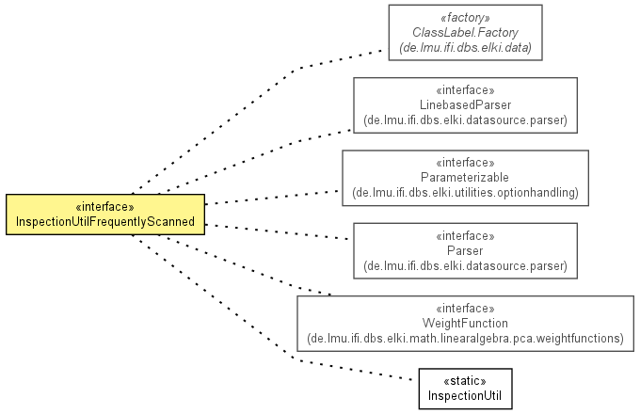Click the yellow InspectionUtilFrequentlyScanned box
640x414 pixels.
click(x=105, y=215)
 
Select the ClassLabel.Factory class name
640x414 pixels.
click(x=465, y=32)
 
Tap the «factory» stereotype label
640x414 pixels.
click(x=465, y=18)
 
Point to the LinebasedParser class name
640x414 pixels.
click(x=465, y=104)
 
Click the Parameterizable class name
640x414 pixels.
click(x=465, y=178)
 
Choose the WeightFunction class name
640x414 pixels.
click(x=465, y=323)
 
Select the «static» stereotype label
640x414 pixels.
click(x=465, y=381)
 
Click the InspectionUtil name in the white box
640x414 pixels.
click(x=465, y=395)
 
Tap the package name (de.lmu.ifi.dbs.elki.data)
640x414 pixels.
click(x=465, y=48)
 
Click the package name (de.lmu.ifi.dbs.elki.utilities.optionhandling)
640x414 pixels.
click(x=465, y=192)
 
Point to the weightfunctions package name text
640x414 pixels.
click(x=465, y=338)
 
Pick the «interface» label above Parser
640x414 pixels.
click(x=465, y=236)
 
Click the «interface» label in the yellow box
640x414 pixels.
click(x=104, y=207)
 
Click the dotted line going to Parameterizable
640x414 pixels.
click(x=272, y=198)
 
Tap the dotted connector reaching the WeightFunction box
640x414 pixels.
click(x=245, y=265)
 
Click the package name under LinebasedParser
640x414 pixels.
click(x=465, y=119)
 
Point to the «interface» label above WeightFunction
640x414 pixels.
click(x=465, y=308)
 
